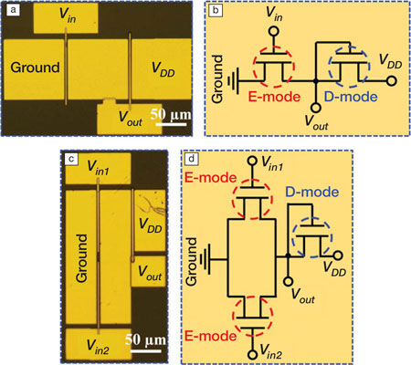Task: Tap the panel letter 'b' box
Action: (216, 10)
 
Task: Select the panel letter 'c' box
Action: (70, 159)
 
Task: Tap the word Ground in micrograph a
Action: (36, 67)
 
